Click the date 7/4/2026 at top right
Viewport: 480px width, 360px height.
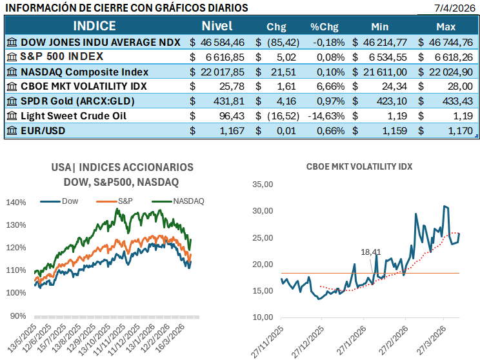coord(455,8)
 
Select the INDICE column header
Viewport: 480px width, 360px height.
coord(94,26)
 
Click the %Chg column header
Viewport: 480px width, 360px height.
coord(324,27)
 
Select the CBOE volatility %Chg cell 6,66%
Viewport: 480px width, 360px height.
coord(328,86)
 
